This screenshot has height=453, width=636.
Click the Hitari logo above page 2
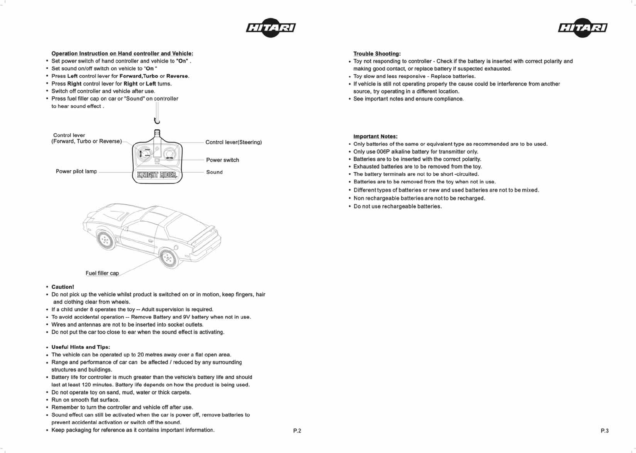click(x=271, y=28)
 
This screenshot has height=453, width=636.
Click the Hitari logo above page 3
click(x=583, y=28)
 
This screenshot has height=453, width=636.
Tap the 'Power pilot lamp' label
click(x=76, y=171)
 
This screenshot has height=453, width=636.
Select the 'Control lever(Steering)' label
click(x=233, y=142)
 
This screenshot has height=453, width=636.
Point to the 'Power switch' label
click(x=222, y=160)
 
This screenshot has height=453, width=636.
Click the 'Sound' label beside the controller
click(x=214, y=172)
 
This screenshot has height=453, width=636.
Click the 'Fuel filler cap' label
click(x=102, y=273)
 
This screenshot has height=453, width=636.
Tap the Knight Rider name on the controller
click(x=157, y=175)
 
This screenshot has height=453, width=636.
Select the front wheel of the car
click(x=106, y=240)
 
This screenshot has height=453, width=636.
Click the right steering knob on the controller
click(x=170, y=154)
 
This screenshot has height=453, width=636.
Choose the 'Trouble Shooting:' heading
click(x=377, y=54)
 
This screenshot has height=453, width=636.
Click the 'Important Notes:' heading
click(x=375, y=137)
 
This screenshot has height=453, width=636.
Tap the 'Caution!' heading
click(x=63, y=287)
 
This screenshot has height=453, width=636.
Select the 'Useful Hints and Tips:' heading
click(x=80, y=347)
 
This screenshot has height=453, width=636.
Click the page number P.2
click(x=297, y=431)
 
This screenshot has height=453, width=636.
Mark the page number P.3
click(x=605, y=431)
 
